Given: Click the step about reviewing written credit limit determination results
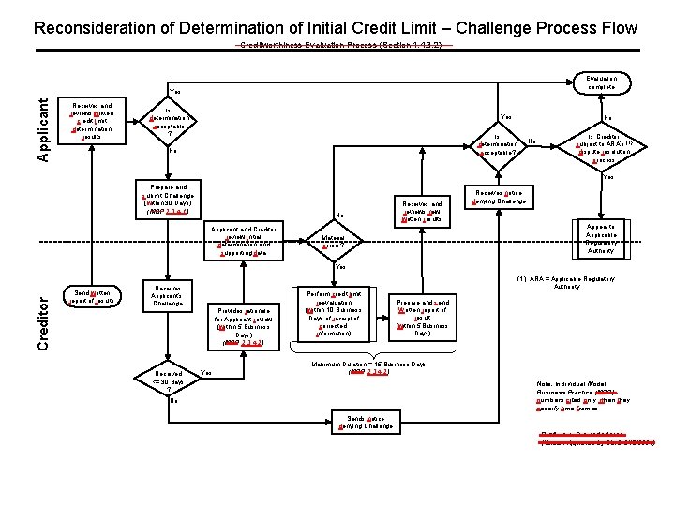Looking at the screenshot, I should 92,121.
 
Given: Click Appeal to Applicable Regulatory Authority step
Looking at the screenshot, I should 601,238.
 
